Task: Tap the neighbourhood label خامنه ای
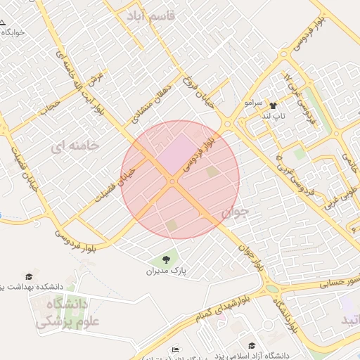[76, 146]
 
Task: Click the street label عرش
[96, 79]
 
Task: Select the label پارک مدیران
[168, 271]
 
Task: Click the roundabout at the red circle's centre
[172, 182]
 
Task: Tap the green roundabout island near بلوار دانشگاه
[272, 289]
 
